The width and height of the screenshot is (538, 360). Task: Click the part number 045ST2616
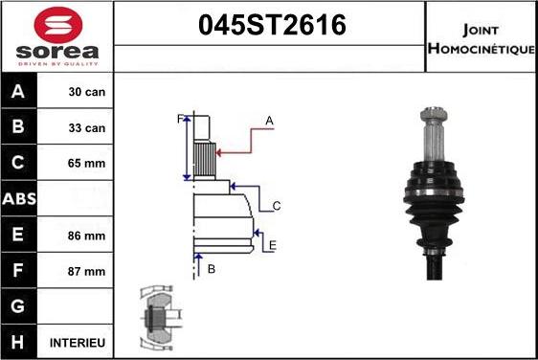270,26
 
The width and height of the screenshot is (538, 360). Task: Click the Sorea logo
56,37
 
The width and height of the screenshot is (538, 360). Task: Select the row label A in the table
20,93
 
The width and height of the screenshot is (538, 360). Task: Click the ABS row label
20,199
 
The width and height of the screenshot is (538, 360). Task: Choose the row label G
20,306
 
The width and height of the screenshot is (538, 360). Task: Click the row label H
20,342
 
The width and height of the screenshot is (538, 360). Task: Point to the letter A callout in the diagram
270,121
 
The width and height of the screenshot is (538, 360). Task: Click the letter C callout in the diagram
276,206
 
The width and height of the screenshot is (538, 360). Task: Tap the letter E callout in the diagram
273,246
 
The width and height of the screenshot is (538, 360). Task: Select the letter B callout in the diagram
212,269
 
